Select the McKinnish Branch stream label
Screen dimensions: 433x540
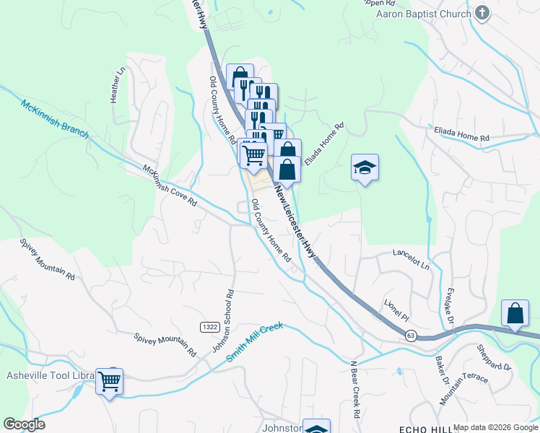54,120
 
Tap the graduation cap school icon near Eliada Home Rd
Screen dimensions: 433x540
365,168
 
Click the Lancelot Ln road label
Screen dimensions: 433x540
411,260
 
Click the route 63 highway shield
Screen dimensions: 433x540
411,335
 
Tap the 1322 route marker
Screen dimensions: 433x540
210,328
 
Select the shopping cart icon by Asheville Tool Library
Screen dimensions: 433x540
109,380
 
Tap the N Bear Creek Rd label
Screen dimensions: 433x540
354,390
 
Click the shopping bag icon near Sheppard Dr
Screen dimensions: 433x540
515,314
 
